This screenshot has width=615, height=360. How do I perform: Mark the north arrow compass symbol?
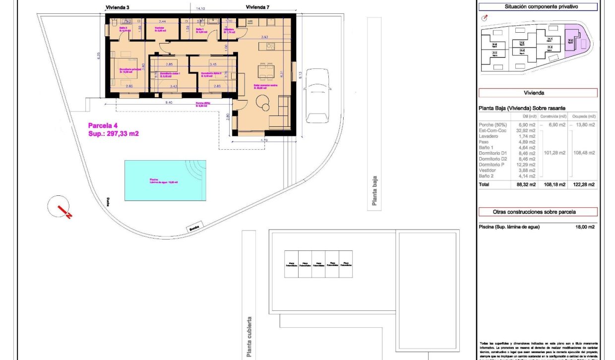61,208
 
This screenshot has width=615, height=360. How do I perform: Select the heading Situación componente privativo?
537,7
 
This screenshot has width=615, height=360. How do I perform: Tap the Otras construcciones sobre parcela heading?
537,212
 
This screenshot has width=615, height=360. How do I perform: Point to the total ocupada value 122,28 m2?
585,184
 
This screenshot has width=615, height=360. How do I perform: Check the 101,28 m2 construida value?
555,153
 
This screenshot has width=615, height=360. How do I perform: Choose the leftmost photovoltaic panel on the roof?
291,264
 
